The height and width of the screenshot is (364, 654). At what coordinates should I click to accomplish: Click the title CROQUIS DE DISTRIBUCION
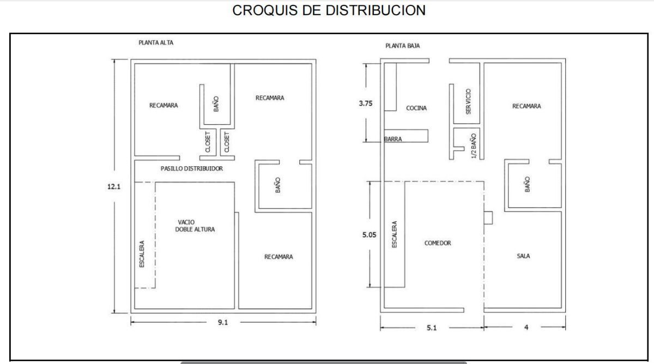pos(329,10)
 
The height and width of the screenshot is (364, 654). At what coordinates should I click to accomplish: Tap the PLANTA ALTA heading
pos(156,43)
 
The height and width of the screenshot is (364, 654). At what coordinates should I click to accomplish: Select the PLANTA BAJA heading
pos(403,46)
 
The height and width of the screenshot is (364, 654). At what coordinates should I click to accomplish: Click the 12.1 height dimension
pos(114,186)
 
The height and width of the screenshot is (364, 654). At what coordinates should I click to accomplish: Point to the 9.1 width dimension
pos(223,322)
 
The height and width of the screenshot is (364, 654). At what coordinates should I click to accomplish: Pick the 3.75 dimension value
pos(366,104)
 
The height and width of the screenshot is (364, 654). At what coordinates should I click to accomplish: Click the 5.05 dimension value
pos(370,235)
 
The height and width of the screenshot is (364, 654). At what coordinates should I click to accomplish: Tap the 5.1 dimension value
pos(432,328)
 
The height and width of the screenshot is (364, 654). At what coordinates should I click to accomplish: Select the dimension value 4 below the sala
pos(526,327)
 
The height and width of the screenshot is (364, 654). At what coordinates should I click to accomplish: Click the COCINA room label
pos(416,108)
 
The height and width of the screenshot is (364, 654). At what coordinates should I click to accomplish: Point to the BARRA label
pos(393,139)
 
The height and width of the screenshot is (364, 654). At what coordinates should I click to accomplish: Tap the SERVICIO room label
pos(468,101)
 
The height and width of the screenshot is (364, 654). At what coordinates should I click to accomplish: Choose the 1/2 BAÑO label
pos(474,146)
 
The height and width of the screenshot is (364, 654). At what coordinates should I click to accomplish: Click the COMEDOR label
pos(438,243)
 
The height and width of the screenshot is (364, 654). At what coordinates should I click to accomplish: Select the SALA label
pos(523,256)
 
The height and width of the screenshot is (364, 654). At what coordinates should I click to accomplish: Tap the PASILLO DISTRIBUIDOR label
pos(192,168)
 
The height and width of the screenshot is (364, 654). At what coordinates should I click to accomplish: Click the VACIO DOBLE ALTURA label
pos(195,226)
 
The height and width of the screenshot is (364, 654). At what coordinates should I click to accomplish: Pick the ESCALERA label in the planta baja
pos(394,234)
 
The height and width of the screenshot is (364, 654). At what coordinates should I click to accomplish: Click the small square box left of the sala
pos(488,218)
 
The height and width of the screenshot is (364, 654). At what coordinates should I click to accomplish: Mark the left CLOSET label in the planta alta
pos(208,142)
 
